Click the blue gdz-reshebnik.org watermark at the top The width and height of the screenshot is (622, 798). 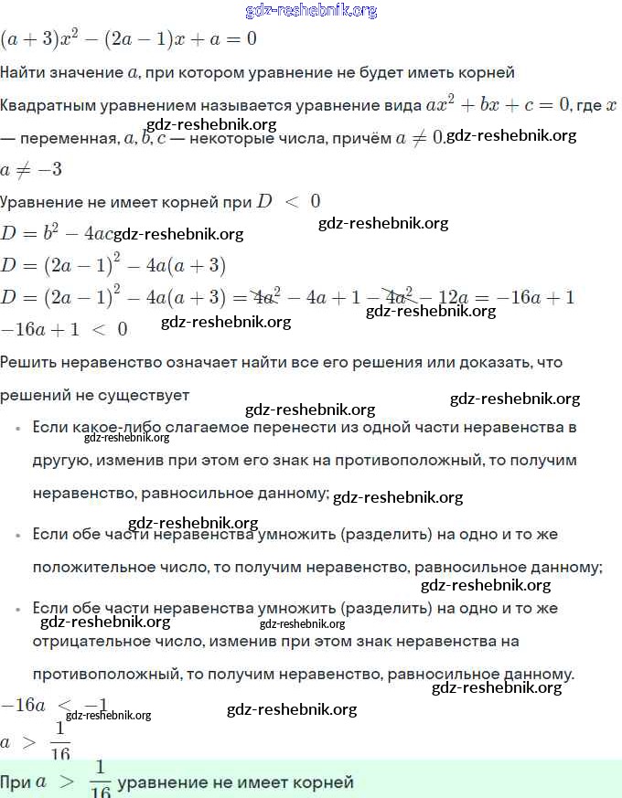(x=311, y=11)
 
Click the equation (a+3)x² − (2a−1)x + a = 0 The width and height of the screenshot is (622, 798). (x=128, y=39)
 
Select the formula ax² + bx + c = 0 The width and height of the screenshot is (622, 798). (x=499, y=104)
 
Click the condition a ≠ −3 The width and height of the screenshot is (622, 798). (x=31, y=170)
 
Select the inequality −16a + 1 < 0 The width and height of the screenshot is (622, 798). (x=64, y=328)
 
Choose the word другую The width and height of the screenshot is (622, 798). (x=59, y=460)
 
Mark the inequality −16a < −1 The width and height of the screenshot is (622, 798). (x=55, y=705)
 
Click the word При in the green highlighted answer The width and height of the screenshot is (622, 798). (x=16, y=782)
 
